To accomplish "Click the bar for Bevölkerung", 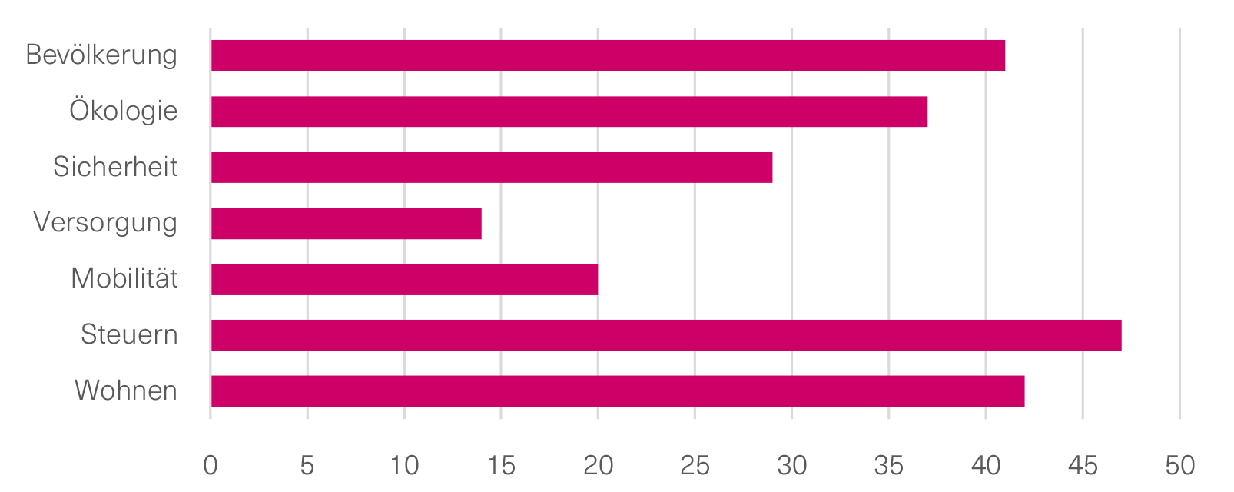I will click(608, 55).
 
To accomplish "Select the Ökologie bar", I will click(569, 111).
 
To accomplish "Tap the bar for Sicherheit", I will click(492, 168).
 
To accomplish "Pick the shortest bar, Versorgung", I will click(346, 224).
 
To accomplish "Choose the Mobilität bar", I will click(404, 279).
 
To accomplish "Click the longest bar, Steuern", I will click(665, 335).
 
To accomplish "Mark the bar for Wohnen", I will click(617, 391).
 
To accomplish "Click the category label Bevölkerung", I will click(101, 55).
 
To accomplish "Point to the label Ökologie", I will click(123, 111).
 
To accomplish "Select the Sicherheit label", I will click(115, 167).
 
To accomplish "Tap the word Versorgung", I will click(105, 223).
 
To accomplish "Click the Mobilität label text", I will click(124, 278).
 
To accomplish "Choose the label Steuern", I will click(129, 334).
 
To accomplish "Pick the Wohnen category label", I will click(126, 391).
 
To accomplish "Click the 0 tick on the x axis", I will click(211, 465).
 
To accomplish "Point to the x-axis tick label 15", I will click(501, 465).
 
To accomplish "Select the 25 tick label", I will click(695, 465).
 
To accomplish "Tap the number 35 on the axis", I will click(888, 465).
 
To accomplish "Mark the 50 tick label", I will click(1179, 465).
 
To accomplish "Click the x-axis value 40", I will click(986, 465).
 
